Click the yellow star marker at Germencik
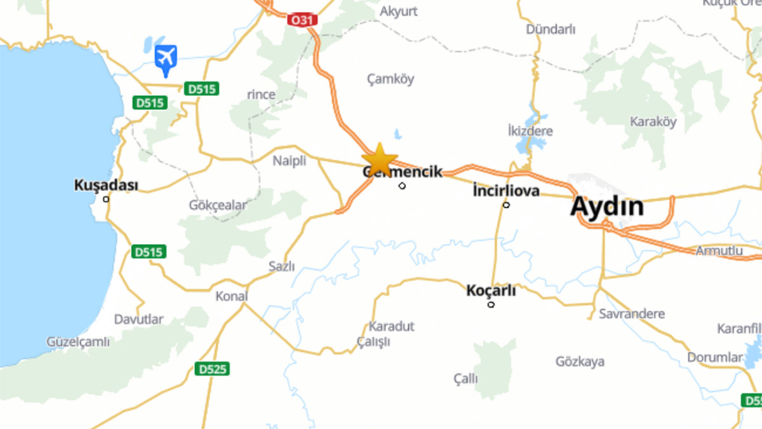click(x=379, y=159)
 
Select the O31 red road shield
click(x=302, y=20)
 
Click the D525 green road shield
click(x=212, y=369)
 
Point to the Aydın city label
click(x=606, y=207)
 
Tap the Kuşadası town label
click(x=106, y=185)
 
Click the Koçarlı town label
click(x=491, y=290)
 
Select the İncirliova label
click(x=506, y=191)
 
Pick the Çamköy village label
click(x=391, y=79)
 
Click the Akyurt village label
click(x=399, y=11)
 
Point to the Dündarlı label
click(x=551, y=29)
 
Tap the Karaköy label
click(x=653, y=121)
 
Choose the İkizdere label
click(x=530, y=132)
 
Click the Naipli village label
click(x=290, y=161)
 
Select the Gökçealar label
click(x=218, y=205)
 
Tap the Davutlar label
click(x=139, y=319)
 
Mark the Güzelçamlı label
click(x=78, y=342)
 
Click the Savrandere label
click(x=632, y=314)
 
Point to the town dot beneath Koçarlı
click(x=491, y=304)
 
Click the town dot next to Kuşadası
click(x=106, y=199)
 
